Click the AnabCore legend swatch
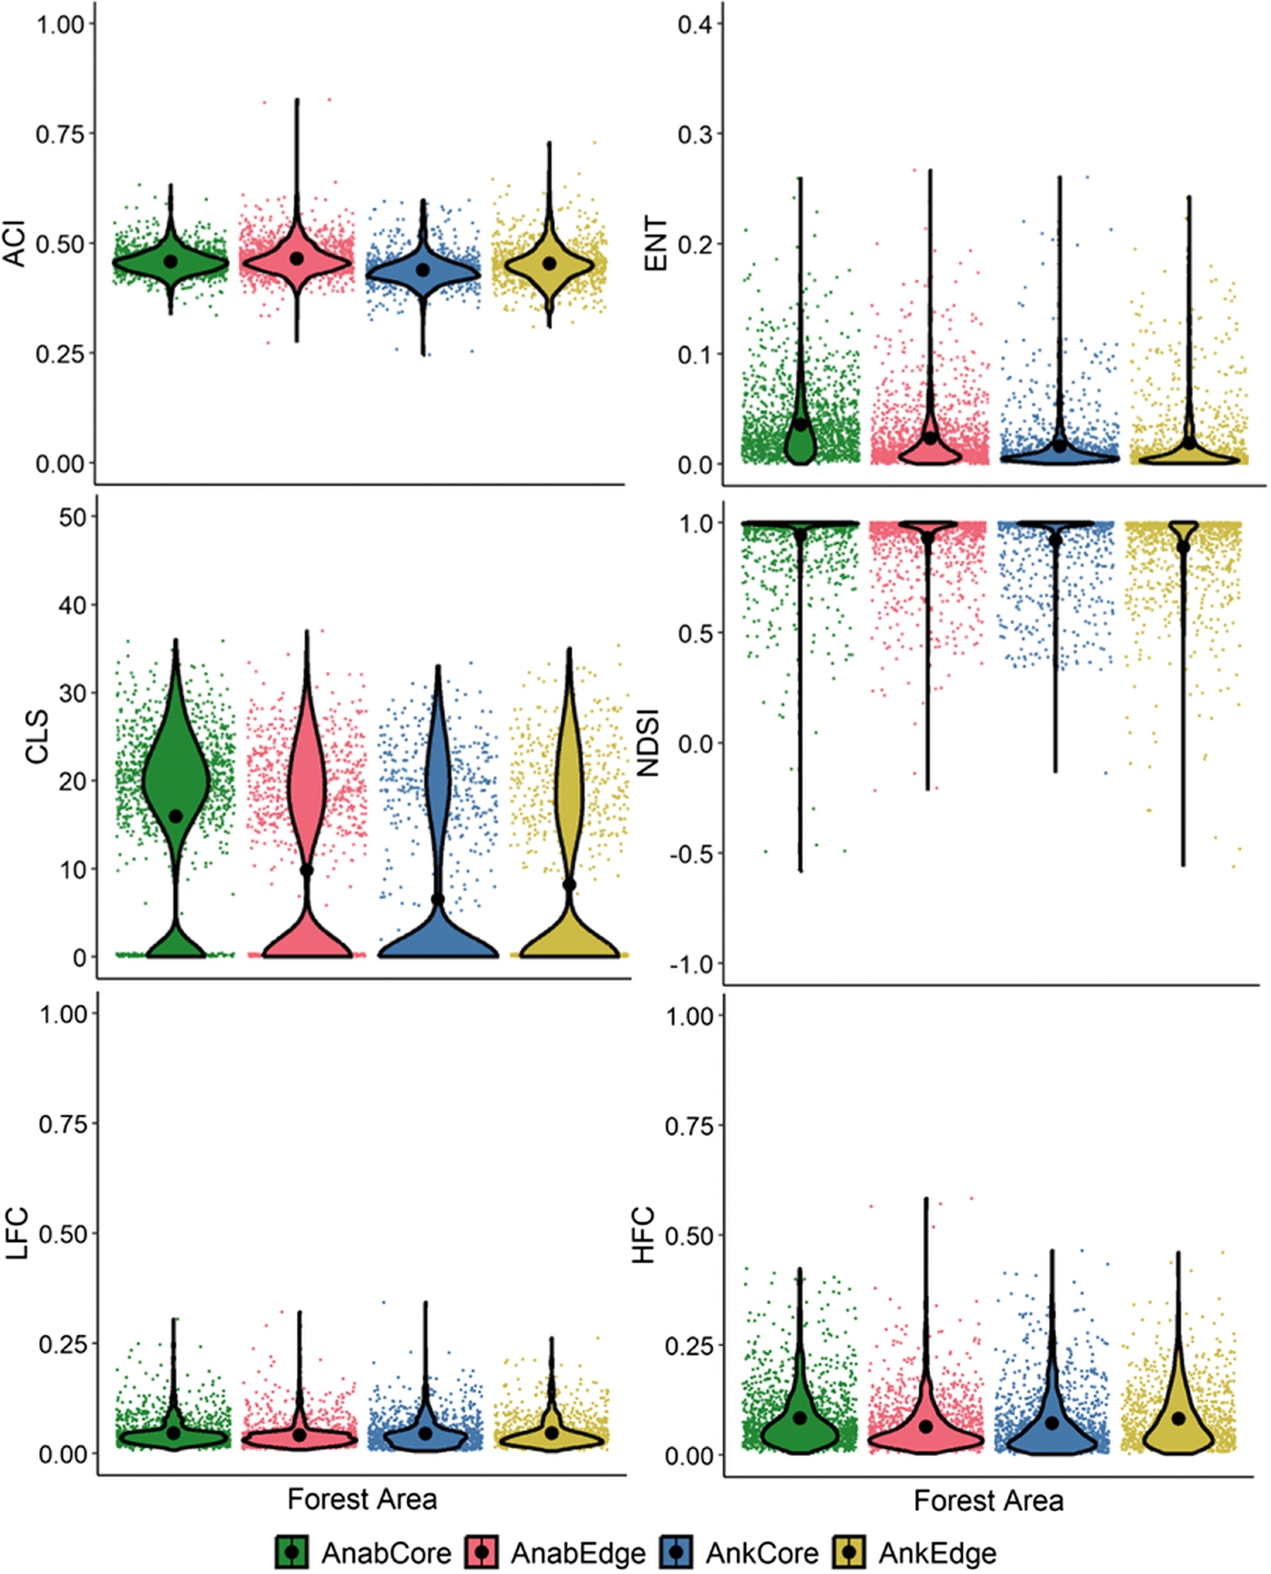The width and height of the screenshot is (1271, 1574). coord(291,1552)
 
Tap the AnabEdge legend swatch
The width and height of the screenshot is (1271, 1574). coord(482,1552)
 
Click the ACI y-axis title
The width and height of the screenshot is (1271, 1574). coord(16,244)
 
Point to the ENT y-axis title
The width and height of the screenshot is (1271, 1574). coord(656,244)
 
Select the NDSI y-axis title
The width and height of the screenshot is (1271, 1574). coord(647,743)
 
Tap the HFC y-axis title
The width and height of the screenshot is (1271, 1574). coord(644,1235)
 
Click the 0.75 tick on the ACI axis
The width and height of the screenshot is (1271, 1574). coord(60,134)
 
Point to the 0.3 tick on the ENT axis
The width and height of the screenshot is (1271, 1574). coord(694,135)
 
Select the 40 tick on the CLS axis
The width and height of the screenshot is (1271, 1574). coord(73,605)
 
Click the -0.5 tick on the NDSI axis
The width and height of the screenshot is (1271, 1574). coord(690,854)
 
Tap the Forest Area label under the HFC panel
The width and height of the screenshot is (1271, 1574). coord(988,1501)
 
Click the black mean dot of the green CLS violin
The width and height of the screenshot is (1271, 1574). coord(176,816)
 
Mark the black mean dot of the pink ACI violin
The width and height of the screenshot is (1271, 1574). coord(297,258)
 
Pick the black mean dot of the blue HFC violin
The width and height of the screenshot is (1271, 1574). coord(1051,1423)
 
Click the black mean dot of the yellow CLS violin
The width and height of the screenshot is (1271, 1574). coord(569,885)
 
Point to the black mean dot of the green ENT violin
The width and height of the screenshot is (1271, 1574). coord(801,424)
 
